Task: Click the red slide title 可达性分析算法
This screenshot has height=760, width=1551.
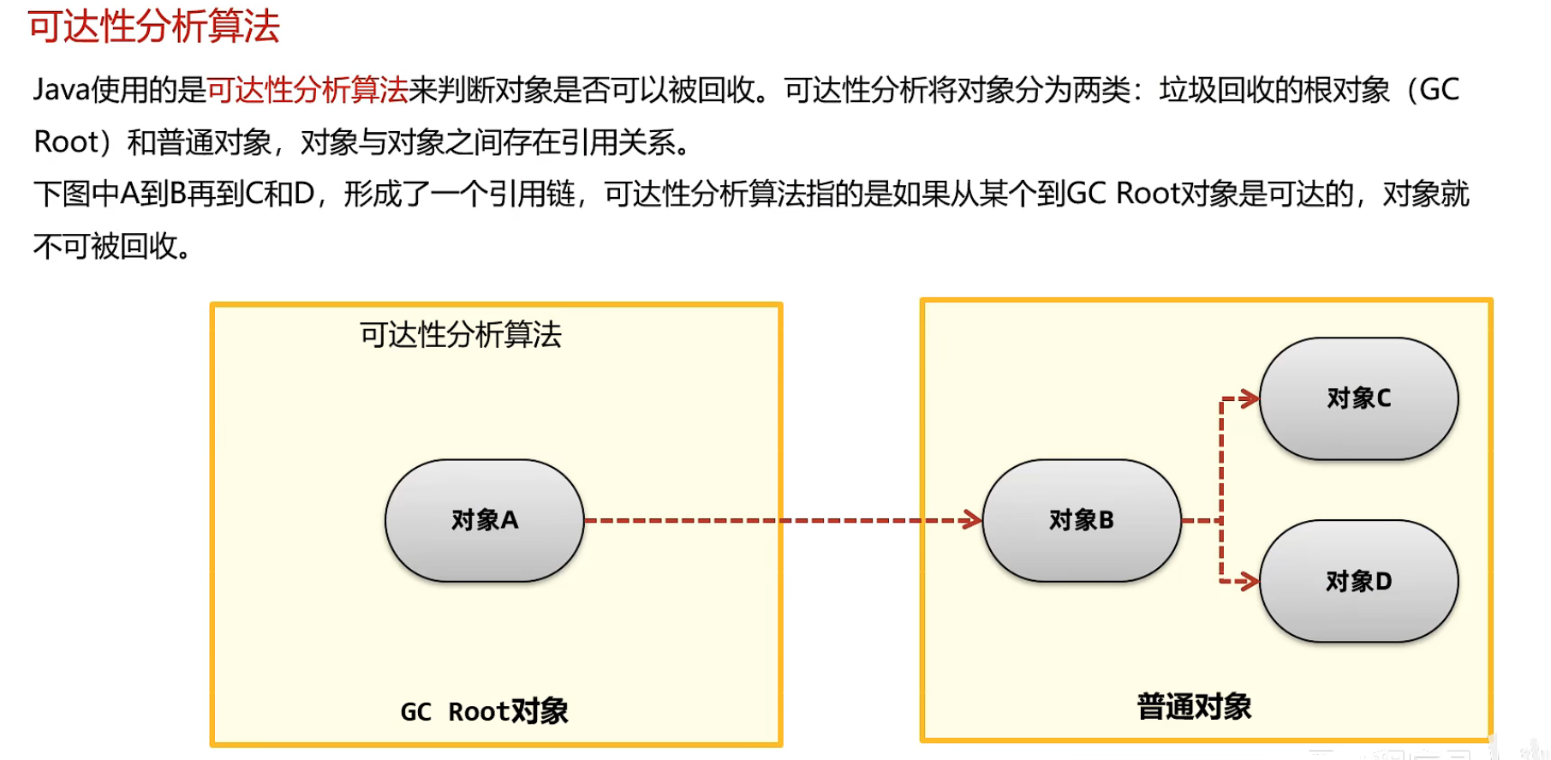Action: click(x=154, y=26)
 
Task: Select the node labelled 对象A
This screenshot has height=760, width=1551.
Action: click(x=485, y=520)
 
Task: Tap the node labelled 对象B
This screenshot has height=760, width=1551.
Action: click(x=1082, y=520)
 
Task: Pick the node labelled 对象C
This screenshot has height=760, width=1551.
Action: click(x=1358, y=398)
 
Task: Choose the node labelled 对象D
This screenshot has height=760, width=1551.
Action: click(x=1358, y=581)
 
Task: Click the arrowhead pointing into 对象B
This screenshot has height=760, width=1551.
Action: click(x=972, y=520)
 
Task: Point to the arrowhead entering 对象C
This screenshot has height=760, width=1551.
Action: click(x=1250, y=398)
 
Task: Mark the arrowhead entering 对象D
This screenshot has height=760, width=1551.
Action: click(x=1250, y=581)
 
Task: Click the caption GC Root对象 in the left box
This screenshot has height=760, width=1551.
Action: click(x=484, y=711)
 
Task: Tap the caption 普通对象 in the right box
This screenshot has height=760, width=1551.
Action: click(x=1194, y=707)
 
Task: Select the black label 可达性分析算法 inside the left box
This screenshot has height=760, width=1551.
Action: click(x=460, y=334)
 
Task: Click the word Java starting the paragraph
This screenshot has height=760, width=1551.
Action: click(x=61, y=89)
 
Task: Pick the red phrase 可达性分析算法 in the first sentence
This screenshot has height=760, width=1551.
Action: click(x=307, y=89)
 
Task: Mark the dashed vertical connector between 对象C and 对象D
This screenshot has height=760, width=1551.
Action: click(x=1221, y=488)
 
